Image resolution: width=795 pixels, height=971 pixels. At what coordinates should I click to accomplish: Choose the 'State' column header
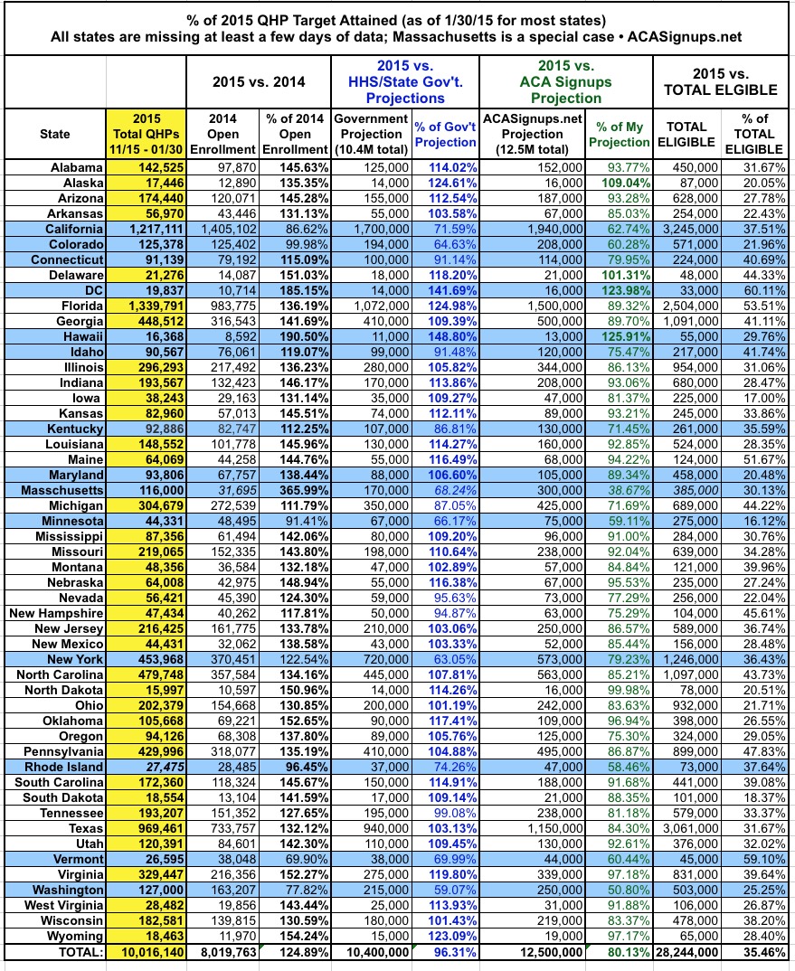click(x=54, y=134)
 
